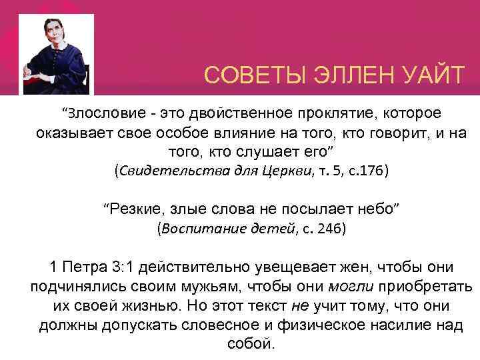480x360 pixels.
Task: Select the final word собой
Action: point(241,345)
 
